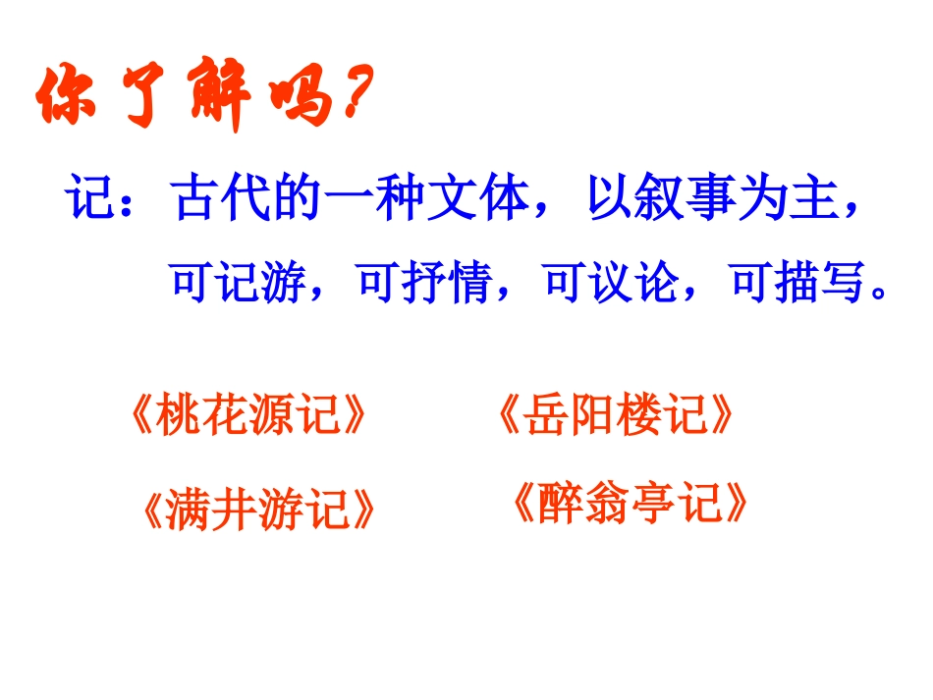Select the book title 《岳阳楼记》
pos(616,415)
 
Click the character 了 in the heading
pos(138,96)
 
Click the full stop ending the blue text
pos(880,294)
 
